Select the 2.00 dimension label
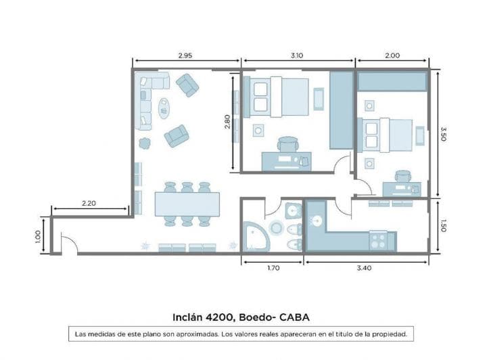tap(392, 55)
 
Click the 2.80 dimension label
tap(228, 122)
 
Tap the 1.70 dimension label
tap(273, 268)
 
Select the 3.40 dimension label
tap(366, 268)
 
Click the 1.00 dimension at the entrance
tap(38, 235)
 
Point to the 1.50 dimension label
tap(443, 225)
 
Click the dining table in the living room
tap(187, 203)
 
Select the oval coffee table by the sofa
tap(164, 107)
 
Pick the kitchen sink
tap(317, 221)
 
